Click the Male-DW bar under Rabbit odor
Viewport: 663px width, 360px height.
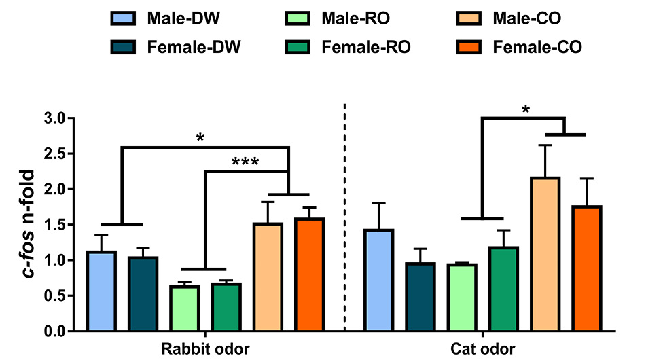(101, 291)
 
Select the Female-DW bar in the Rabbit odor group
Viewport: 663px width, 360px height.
(143, 293)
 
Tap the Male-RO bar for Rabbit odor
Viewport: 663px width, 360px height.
(185, 308)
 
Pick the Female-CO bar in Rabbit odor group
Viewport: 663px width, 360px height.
(310, 274)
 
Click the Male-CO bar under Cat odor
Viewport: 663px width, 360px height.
(545, 254)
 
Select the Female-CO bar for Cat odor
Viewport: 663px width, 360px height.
(587, 268)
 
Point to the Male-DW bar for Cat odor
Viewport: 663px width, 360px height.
(379, 280)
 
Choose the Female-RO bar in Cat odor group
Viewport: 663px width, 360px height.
(504, 289)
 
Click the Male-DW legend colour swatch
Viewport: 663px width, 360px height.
(123, 18)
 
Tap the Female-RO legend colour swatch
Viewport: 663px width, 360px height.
(298, 47)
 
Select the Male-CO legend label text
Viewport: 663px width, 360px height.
(527, 18)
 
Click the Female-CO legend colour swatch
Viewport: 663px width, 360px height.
(469, 47)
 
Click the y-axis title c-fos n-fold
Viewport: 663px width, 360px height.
(29, 223)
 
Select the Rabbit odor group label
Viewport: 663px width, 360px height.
(206, 349)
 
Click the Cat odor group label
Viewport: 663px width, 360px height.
(483, 349)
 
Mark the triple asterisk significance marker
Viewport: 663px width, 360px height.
(245, 162)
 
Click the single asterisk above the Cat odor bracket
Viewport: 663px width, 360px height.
(526, 110)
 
